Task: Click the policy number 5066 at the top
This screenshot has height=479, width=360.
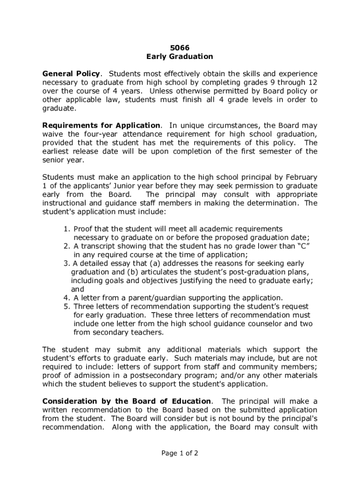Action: pos(180,48)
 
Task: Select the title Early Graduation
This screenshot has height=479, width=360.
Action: pos(180,57)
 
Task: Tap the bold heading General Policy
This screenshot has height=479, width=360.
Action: pos(71,74)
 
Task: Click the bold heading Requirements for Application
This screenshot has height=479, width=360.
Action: pos(101,125)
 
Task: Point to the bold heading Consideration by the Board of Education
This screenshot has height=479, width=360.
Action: pos(126,401)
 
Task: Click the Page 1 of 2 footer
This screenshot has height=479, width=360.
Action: pos(180,453)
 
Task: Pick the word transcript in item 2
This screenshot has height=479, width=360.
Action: pos(98,246)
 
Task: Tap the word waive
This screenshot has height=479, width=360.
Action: pos(52,134)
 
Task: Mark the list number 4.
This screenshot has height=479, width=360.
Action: pos(66,298)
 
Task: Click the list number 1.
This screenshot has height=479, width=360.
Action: pos(66,229)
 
